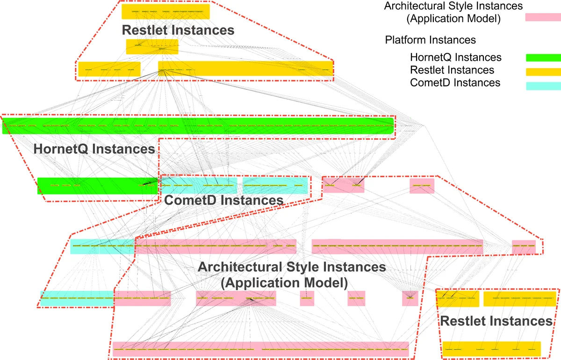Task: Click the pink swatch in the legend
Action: [543, 17]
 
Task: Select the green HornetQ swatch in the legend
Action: [543, 58]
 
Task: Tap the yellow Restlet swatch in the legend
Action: [543, 72]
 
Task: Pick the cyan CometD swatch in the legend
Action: [543, 86]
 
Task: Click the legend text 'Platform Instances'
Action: [430, 40]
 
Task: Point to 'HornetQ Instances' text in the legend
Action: [455, 58]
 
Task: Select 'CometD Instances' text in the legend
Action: [455, 83]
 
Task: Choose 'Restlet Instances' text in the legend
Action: [452, 70]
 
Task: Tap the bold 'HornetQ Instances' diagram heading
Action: [94, 149]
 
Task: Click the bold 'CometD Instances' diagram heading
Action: [223, 200]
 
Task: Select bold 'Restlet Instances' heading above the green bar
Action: [178, 30]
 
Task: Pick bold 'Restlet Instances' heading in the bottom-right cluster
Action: [496, 321]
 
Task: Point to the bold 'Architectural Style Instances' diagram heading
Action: [292, 267]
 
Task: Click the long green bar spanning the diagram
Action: [198, 126]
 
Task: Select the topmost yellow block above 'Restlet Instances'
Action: [165, 11]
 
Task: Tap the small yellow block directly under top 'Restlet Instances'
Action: [152, 47]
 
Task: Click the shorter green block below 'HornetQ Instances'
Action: [98, 185]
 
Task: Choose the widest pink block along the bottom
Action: [260, 349]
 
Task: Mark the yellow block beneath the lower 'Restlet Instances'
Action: [491, 349]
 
